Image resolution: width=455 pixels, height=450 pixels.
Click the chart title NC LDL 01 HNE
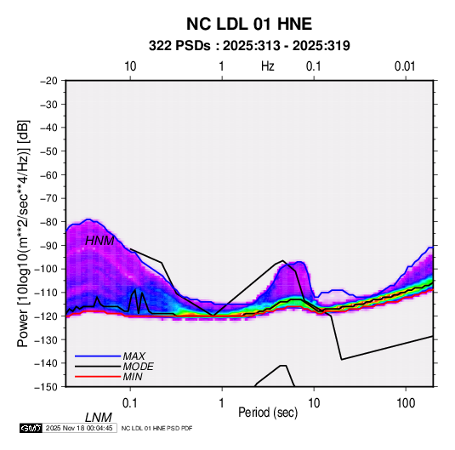(249, 24)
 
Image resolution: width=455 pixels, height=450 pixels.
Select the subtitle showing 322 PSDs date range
(249, 46)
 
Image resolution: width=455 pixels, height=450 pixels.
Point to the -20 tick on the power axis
(48, 81)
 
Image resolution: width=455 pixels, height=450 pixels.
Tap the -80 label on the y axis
(48, 222)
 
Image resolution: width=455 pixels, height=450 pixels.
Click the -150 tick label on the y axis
(46, 387)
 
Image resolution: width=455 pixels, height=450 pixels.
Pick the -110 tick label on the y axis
(46, 293)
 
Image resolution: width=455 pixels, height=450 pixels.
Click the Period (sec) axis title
(268, 413)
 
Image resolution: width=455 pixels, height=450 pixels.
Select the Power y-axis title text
(23, 234)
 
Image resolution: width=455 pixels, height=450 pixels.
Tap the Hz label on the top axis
(268, 66)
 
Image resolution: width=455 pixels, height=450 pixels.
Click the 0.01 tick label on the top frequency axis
(405, 66)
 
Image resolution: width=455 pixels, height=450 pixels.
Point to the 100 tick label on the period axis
(406, 403)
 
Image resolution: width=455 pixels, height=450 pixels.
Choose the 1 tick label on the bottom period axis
(222, 403)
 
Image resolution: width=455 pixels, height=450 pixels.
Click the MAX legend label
(134, 356)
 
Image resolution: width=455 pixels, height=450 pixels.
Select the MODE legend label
(138, 367)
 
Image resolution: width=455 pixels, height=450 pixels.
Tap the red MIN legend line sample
(98, 377)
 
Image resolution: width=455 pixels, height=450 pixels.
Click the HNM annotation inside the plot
(100, 241)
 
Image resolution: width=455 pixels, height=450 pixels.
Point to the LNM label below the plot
(98, 418)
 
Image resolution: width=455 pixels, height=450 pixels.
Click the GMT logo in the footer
(31, 428)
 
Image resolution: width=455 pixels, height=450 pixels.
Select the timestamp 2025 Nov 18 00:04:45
(79, 428)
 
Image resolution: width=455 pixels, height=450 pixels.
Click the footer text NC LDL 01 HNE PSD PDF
(156, 428)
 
